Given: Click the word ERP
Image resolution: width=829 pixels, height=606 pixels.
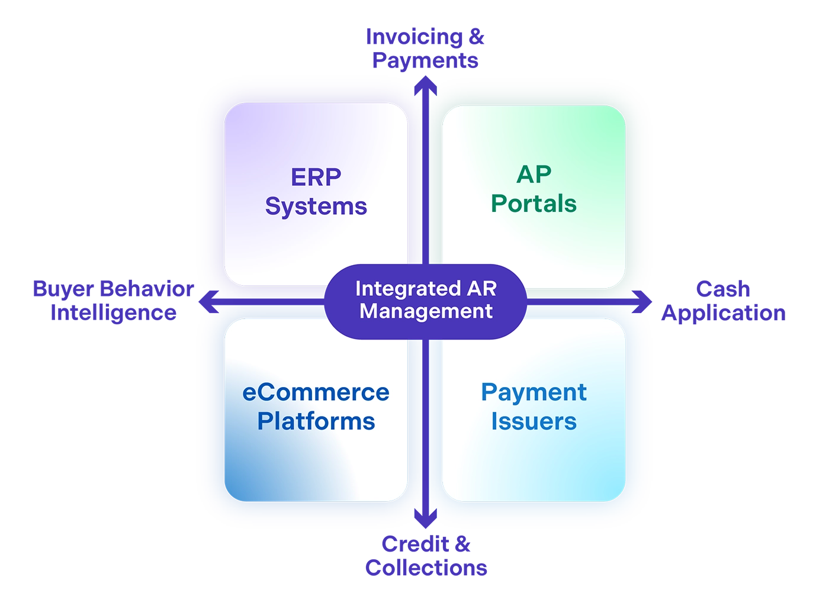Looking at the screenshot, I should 316,177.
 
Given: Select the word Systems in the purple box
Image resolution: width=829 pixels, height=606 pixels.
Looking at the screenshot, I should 316,206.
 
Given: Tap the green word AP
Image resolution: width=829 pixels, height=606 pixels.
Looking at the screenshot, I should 534,175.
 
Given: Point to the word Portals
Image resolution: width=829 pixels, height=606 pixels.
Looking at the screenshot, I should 534,204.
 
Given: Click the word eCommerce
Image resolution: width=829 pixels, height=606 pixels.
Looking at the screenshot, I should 316,392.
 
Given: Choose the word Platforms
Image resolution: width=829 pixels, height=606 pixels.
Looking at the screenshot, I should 316,421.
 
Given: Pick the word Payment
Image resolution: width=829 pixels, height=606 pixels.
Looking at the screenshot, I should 534,392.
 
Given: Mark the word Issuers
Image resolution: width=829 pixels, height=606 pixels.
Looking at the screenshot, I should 534,421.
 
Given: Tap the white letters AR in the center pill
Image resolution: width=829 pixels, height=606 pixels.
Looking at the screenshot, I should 482,289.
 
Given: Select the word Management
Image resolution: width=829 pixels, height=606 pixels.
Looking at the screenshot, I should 426,311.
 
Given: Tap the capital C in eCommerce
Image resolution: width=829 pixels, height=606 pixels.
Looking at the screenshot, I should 270,392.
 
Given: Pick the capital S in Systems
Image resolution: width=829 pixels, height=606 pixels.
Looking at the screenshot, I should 273,206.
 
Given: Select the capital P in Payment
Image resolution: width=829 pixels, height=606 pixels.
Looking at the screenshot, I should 488,392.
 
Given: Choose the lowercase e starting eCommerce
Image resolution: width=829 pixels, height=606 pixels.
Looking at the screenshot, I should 250,394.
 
